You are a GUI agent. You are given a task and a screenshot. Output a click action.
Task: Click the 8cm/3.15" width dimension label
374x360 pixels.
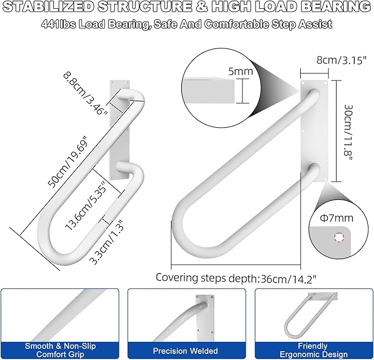click(x=342, y=61)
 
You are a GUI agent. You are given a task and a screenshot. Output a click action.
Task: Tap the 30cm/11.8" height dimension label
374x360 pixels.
click(x=348, y=133)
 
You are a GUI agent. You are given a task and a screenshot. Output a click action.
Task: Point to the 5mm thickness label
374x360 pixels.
click(x=240, y=72)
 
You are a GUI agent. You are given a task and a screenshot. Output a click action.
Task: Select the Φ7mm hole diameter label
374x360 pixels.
click(x=337, y=218)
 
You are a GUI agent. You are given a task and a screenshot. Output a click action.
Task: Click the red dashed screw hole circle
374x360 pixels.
click(x=339, y=237)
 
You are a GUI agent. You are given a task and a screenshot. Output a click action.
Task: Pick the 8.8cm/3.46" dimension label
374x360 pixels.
click(x=85, y=94)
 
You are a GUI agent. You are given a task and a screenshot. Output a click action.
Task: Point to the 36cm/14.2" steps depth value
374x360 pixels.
click(x=289, y=279)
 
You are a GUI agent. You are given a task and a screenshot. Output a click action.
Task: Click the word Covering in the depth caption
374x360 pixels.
click(x=177, y=278)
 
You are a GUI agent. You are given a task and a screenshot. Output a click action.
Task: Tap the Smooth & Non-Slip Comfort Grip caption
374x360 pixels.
click(x=60, y=350)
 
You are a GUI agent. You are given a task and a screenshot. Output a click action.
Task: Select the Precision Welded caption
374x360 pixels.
click(x=185, y=351)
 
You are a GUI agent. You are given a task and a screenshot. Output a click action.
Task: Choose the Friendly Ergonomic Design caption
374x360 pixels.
click(x=313, y=350)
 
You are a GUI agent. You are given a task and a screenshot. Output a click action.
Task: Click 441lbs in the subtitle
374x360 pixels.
click(x=59, y=24)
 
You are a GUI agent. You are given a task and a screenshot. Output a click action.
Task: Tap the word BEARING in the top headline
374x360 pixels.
click(x=336, y=7)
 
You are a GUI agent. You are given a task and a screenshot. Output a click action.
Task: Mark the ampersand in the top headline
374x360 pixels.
click(x=202, y=7)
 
